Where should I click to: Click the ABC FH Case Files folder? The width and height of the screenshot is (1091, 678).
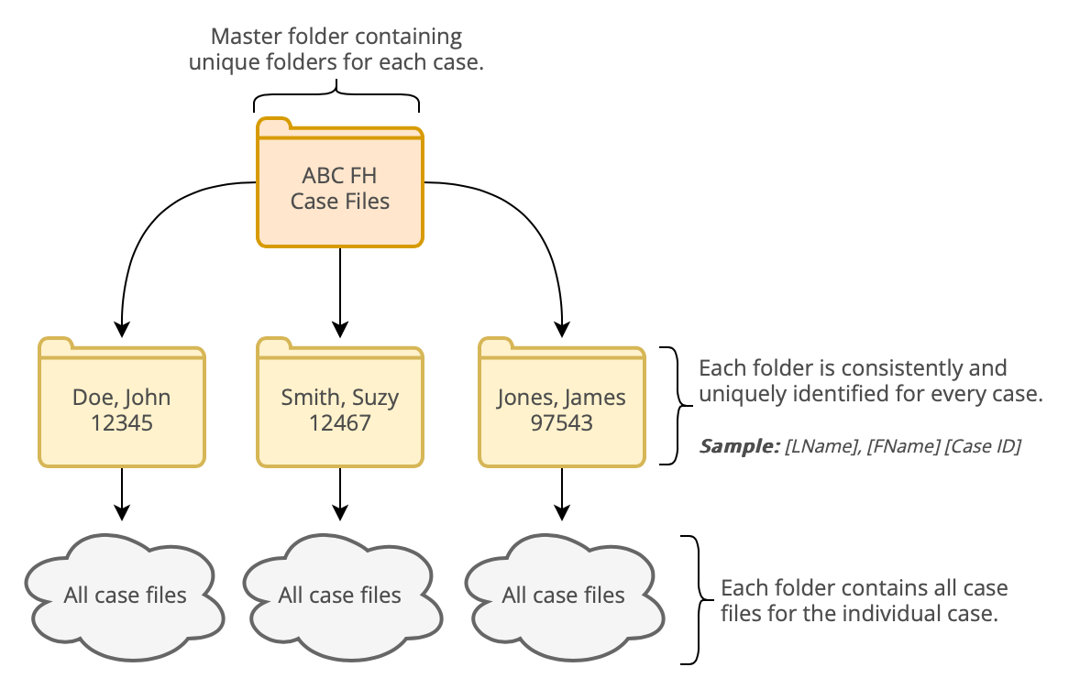click(x=340, y=188)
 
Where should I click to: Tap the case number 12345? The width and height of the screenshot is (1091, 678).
click(x=121, y=423)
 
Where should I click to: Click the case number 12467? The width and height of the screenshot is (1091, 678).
click(x=340, y=423)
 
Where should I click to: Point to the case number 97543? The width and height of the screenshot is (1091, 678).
click(x=561, y=423)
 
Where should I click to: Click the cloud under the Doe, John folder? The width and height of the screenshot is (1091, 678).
click(x=125, y=596)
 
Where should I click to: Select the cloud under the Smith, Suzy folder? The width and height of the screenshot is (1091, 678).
click(x=340, y=596)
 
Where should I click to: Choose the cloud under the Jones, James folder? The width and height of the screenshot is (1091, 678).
click(x=563, y=596)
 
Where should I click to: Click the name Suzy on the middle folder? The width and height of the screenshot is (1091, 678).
click(x=374, y=399)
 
